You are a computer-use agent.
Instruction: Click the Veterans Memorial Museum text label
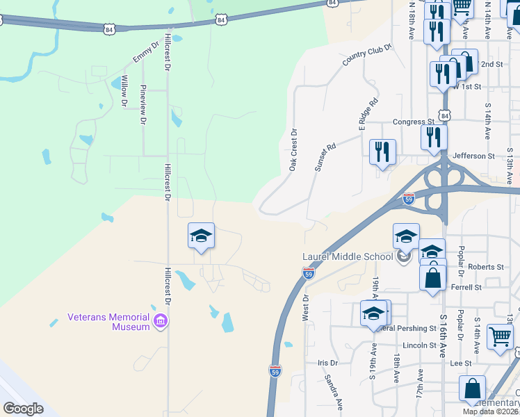(x=108, y=322)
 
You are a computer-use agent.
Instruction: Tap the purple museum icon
(x=161, y=321)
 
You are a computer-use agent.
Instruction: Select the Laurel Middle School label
(x=348, y=256)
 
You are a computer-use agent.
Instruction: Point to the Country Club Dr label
(x=367, y=56)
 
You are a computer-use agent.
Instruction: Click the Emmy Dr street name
(x=141, y=53)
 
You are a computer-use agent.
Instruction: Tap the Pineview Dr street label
(x=143, y=104)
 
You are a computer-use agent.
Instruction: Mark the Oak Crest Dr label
(x=293, y=149)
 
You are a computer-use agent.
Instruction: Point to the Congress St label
(x=413, y=122)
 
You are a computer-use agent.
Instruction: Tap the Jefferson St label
(x=473, y=156)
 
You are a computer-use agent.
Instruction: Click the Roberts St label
(x=485, y=267)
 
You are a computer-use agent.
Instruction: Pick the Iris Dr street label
(x=327, y=363)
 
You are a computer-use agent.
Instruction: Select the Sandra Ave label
(x=334, y=392)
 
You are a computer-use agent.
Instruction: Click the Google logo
(x=23, y=409)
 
